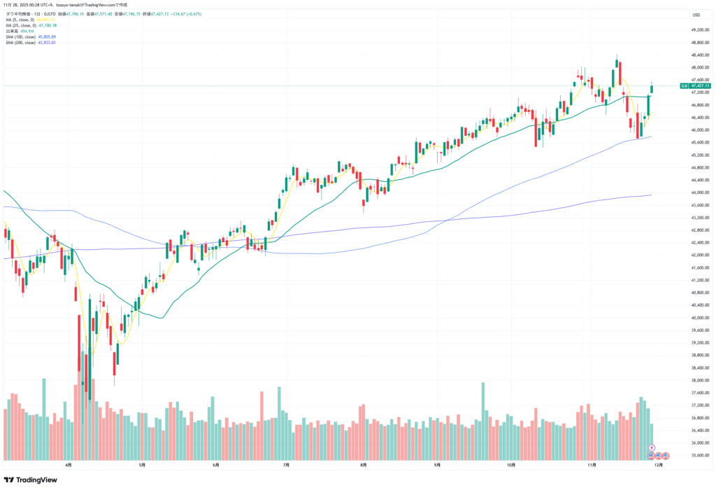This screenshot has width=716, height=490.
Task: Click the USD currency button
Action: pyautogui.click(x=696, y=15)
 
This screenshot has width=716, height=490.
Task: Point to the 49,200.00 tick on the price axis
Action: pyautogui.click(x=696, y=30)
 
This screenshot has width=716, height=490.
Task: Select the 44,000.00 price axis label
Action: pyautogui.click(x=696, y=192)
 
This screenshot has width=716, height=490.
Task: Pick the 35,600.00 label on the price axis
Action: pyautogui.click(x=696, y=455)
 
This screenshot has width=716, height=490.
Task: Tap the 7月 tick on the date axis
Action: pyautogui.click(x=287, y=464)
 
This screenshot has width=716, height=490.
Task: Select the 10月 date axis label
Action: pyautogui.click(x=511, y=464)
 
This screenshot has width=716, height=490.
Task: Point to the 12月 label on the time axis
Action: pyautogui.click(x=659, y=464)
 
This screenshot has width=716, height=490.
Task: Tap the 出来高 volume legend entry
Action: pyautogui.click(x=22, y=31)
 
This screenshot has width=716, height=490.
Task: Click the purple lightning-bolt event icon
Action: pyautogui.click(x=652, y=447)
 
